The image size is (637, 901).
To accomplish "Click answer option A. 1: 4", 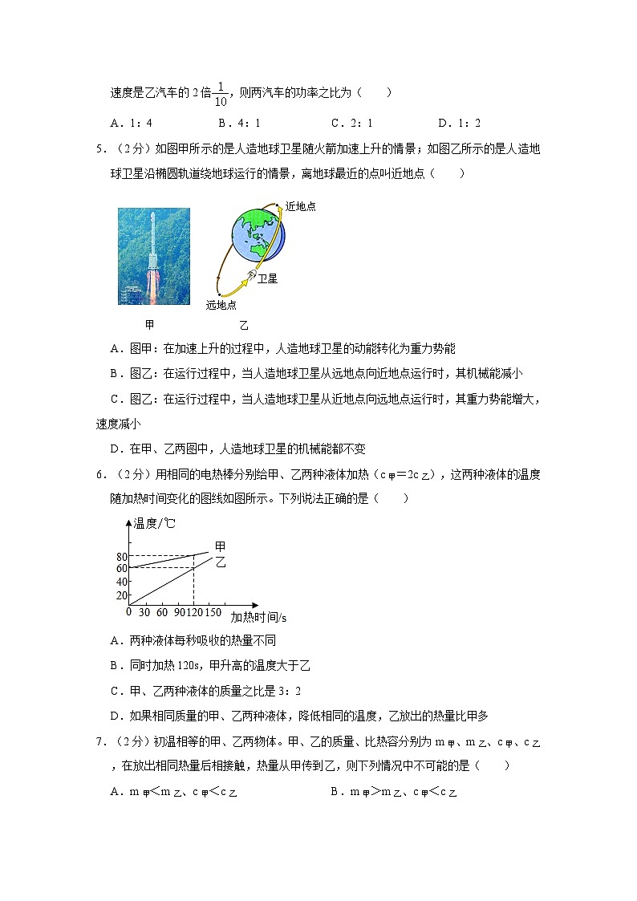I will (132, 124).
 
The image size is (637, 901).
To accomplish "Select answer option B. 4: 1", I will (239, 124).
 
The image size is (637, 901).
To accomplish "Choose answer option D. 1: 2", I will (459, 124).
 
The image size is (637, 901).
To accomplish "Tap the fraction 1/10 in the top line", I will (221, 93).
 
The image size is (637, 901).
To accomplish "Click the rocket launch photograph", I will (154, 256).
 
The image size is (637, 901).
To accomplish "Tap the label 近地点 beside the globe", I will (300, 207).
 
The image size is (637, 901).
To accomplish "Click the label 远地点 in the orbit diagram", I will (221, 304).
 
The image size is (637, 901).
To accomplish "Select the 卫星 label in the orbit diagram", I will (267, 279).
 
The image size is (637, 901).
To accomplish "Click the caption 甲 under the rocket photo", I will (149, 325).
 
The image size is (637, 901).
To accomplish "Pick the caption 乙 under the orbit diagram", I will (244, 326).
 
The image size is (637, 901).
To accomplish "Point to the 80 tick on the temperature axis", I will (122, 556).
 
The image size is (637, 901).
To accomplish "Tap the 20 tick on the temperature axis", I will (122, 595).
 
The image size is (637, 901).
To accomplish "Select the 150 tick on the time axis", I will (213, 613).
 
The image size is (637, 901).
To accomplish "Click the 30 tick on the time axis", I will (145, 613).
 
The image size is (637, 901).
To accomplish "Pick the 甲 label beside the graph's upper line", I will (220, 547).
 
